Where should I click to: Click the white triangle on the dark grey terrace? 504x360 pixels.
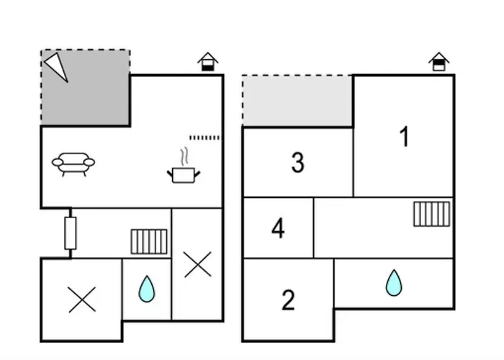[x=56, y=66]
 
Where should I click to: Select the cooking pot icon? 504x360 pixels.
[x=183, y=174]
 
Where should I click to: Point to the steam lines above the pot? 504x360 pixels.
[x=185, y=156]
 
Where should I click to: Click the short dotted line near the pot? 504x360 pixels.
[x=204, y=137]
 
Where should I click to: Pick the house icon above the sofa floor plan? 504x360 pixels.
[x=208, y=62]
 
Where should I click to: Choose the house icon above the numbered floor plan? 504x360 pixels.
[x=439, y=62]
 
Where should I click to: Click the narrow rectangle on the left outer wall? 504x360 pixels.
[x=70, y=233]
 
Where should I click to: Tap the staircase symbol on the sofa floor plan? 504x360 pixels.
[x=149, y=241]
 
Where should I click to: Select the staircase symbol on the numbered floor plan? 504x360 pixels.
[x=432, y=214]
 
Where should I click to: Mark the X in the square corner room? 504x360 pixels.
[x=81, y=300]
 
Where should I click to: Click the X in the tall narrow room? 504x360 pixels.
[x=197, y=264]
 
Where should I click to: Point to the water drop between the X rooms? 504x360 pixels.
[x=147, y=289]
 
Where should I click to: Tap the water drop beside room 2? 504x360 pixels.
[x=393, y=283]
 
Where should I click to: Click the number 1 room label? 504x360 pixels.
[x=405, y=136]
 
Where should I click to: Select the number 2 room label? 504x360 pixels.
[x=288, y=300]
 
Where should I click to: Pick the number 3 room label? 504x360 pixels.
[x=298, y=163]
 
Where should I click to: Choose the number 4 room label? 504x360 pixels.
[x=278, y=228]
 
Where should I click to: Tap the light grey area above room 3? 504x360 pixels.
[x=297, y=101]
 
